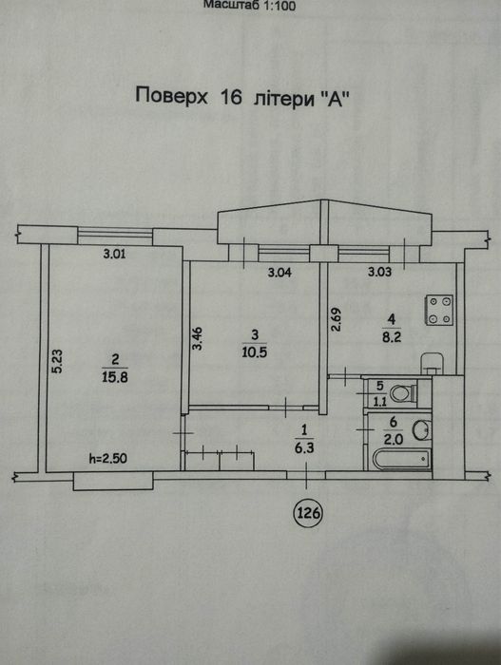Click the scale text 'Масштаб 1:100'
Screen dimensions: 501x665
250,6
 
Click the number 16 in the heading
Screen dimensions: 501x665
231,96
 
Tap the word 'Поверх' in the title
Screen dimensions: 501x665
171,96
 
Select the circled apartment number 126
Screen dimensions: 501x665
308,513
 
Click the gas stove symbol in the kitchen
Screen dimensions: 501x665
439,310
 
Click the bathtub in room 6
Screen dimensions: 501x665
401,460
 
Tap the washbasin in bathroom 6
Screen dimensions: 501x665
421,430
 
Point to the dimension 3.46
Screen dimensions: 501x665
198,338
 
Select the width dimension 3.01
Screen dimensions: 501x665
115,254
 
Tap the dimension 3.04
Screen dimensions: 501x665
279,273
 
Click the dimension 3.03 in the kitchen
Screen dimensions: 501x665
379,272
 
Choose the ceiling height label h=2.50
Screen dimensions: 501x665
107,458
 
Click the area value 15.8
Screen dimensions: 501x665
115,376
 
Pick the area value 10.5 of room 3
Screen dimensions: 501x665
255,351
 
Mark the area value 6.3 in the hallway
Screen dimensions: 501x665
304,447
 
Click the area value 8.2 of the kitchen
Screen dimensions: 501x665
392,337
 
